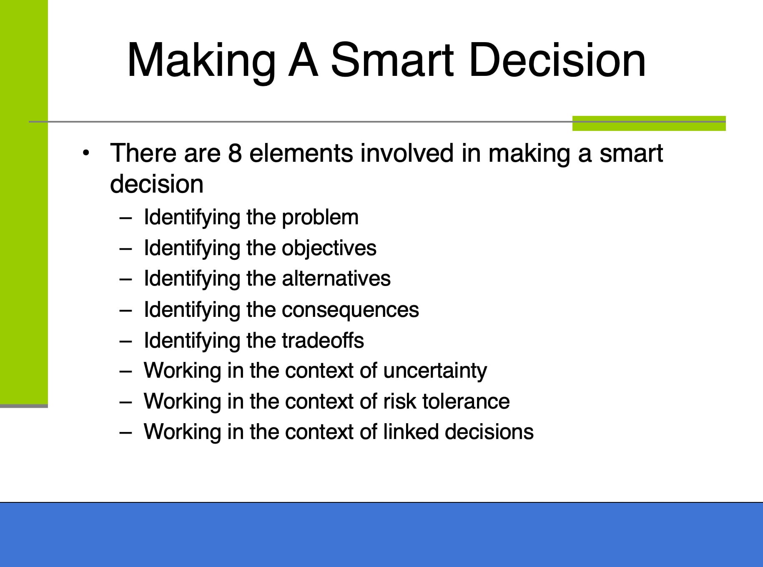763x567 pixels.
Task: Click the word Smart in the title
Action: tap(392, 60)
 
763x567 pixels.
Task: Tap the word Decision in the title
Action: tap(557, 60)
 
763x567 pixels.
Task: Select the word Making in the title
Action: tap(201, 60)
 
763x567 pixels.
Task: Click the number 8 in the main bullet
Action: tap(235, 153)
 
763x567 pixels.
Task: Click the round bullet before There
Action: tap(86, 153)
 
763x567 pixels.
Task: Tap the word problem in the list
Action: tap(320, 218)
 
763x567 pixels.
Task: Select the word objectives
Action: tap(329, 248)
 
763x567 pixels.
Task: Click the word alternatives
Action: tap(336, 278)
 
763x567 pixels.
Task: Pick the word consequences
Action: tap(350, 310)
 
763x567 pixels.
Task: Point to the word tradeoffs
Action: tap(323, 340)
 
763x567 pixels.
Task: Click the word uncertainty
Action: tap(434, 371)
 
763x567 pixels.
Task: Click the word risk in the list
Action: tap(399, 401)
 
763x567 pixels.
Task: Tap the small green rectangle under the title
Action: tap(649, 123)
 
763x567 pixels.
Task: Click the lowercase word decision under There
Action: tap(157, 184)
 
